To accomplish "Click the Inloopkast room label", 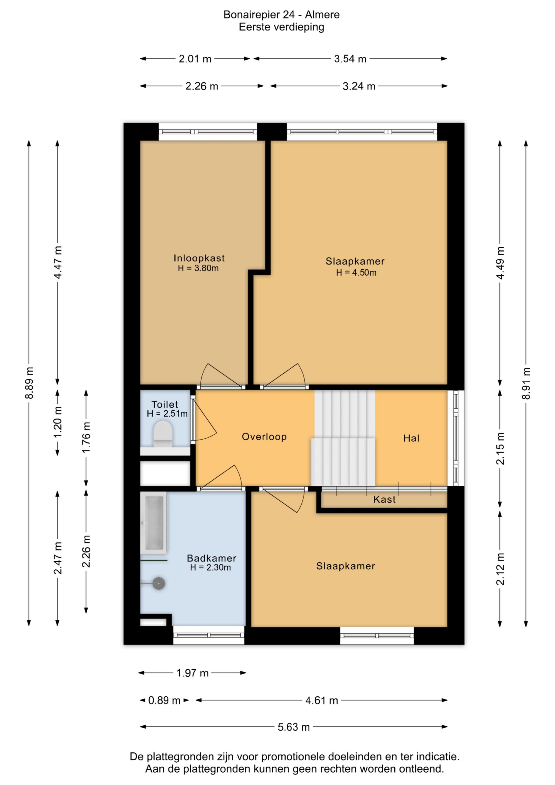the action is (199, 258).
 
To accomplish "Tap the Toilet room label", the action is (165, 404).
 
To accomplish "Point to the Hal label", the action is (411, 438).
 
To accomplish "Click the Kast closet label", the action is (384, 500).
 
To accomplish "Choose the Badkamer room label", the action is (211, 558).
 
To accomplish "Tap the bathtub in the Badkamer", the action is (154, 522).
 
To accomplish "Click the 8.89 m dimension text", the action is (29, 383).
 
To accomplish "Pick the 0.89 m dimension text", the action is (164, 700).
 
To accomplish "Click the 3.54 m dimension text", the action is (350, 59).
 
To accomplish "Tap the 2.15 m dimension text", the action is (500, 449).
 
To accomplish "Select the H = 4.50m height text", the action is (356, 272).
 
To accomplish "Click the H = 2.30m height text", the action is (210, 568).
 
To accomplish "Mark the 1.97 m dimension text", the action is (192, 673).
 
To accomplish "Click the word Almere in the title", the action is (322, 15).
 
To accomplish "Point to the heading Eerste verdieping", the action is (281, 27).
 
